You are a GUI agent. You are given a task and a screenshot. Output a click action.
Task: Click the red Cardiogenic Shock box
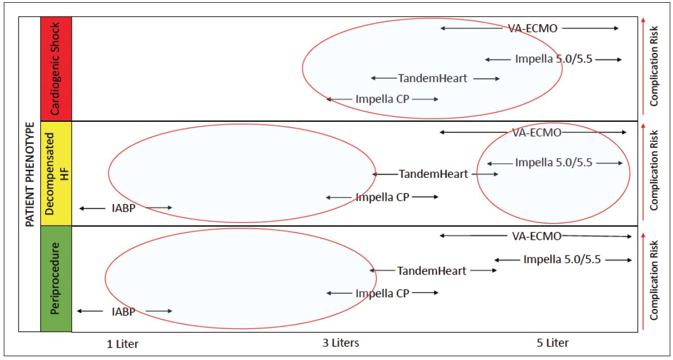[x=56, y=69]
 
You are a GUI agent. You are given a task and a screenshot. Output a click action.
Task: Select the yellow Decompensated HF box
[x=56, y=173]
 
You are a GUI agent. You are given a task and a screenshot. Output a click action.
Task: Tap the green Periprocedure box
[x=56, y=278]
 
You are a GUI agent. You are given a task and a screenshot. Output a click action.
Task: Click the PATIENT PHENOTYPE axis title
[x=30, y=174]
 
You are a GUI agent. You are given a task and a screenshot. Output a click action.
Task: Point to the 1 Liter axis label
[x=122, y=344]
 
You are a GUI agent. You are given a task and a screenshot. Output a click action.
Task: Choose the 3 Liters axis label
[x=341, y=343]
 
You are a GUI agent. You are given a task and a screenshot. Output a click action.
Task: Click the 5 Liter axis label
[x=552, y=343]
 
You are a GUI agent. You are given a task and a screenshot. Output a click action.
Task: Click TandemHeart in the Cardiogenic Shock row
[x=433, y=78]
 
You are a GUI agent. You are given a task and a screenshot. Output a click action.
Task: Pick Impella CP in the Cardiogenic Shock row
[x=382, y=99]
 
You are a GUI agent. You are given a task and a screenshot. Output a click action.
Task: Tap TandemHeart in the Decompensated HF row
[x=433, y=175]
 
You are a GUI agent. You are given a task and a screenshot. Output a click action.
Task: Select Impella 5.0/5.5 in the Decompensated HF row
[x=553, y=163]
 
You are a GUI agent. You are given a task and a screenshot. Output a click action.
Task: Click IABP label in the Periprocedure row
[x=123, y=312]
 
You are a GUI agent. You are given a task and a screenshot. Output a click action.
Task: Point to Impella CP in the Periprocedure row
[x=382, y=294]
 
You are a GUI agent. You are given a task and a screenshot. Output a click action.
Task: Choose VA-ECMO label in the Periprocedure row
[x=537, y=236]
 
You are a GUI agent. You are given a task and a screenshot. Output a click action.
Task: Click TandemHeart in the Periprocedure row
[x=432, y=271]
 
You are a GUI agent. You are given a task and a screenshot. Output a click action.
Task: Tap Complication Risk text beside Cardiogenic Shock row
[x=655, y=65]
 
